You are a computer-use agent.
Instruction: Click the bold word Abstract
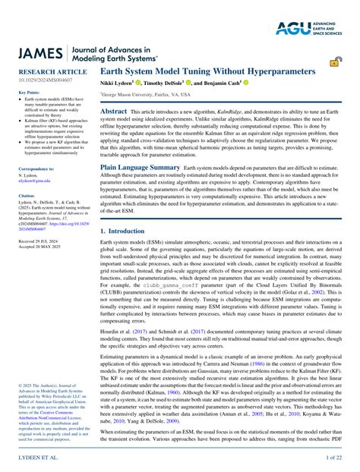point(114,111)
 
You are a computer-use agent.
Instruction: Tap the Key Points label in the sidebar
point(27,92)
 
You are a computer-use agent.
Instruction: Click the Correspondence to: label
point(36,168)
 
